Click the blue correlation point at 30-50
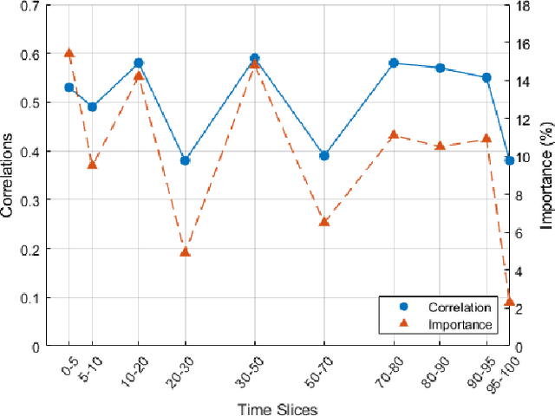coord(254,59)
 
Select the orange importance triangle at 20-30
coord(185,251)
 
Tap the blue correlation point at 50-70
coord(324,156)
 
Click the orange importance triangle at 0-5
coord(69,53)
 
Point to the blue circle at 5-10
coord(92,107)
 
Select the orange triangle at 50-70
coord(324,222)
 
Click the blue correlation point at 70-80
coord(394,63)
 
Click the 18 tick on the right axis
coord(523,6)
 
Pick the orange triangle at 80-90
coord(440,146)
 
